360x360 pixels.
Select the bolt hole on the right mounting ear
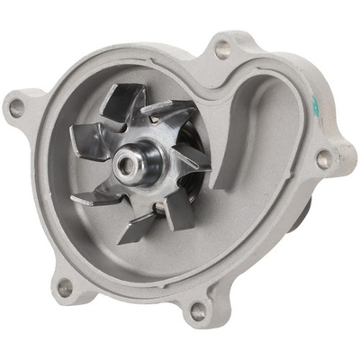click(323, 161)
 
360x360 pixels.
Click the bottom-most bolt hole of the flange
click(198, 311)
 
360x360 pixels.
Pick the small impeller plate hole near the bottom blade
click(157, 209)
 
